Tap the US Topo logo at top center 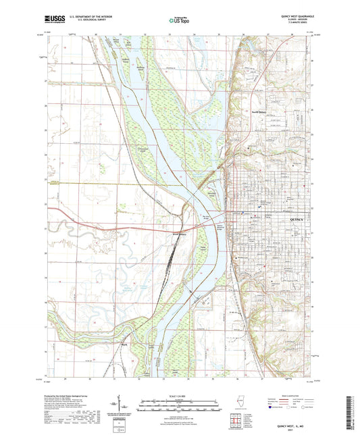tap(179, 21)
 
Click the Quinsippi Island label tap(211, 193)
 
